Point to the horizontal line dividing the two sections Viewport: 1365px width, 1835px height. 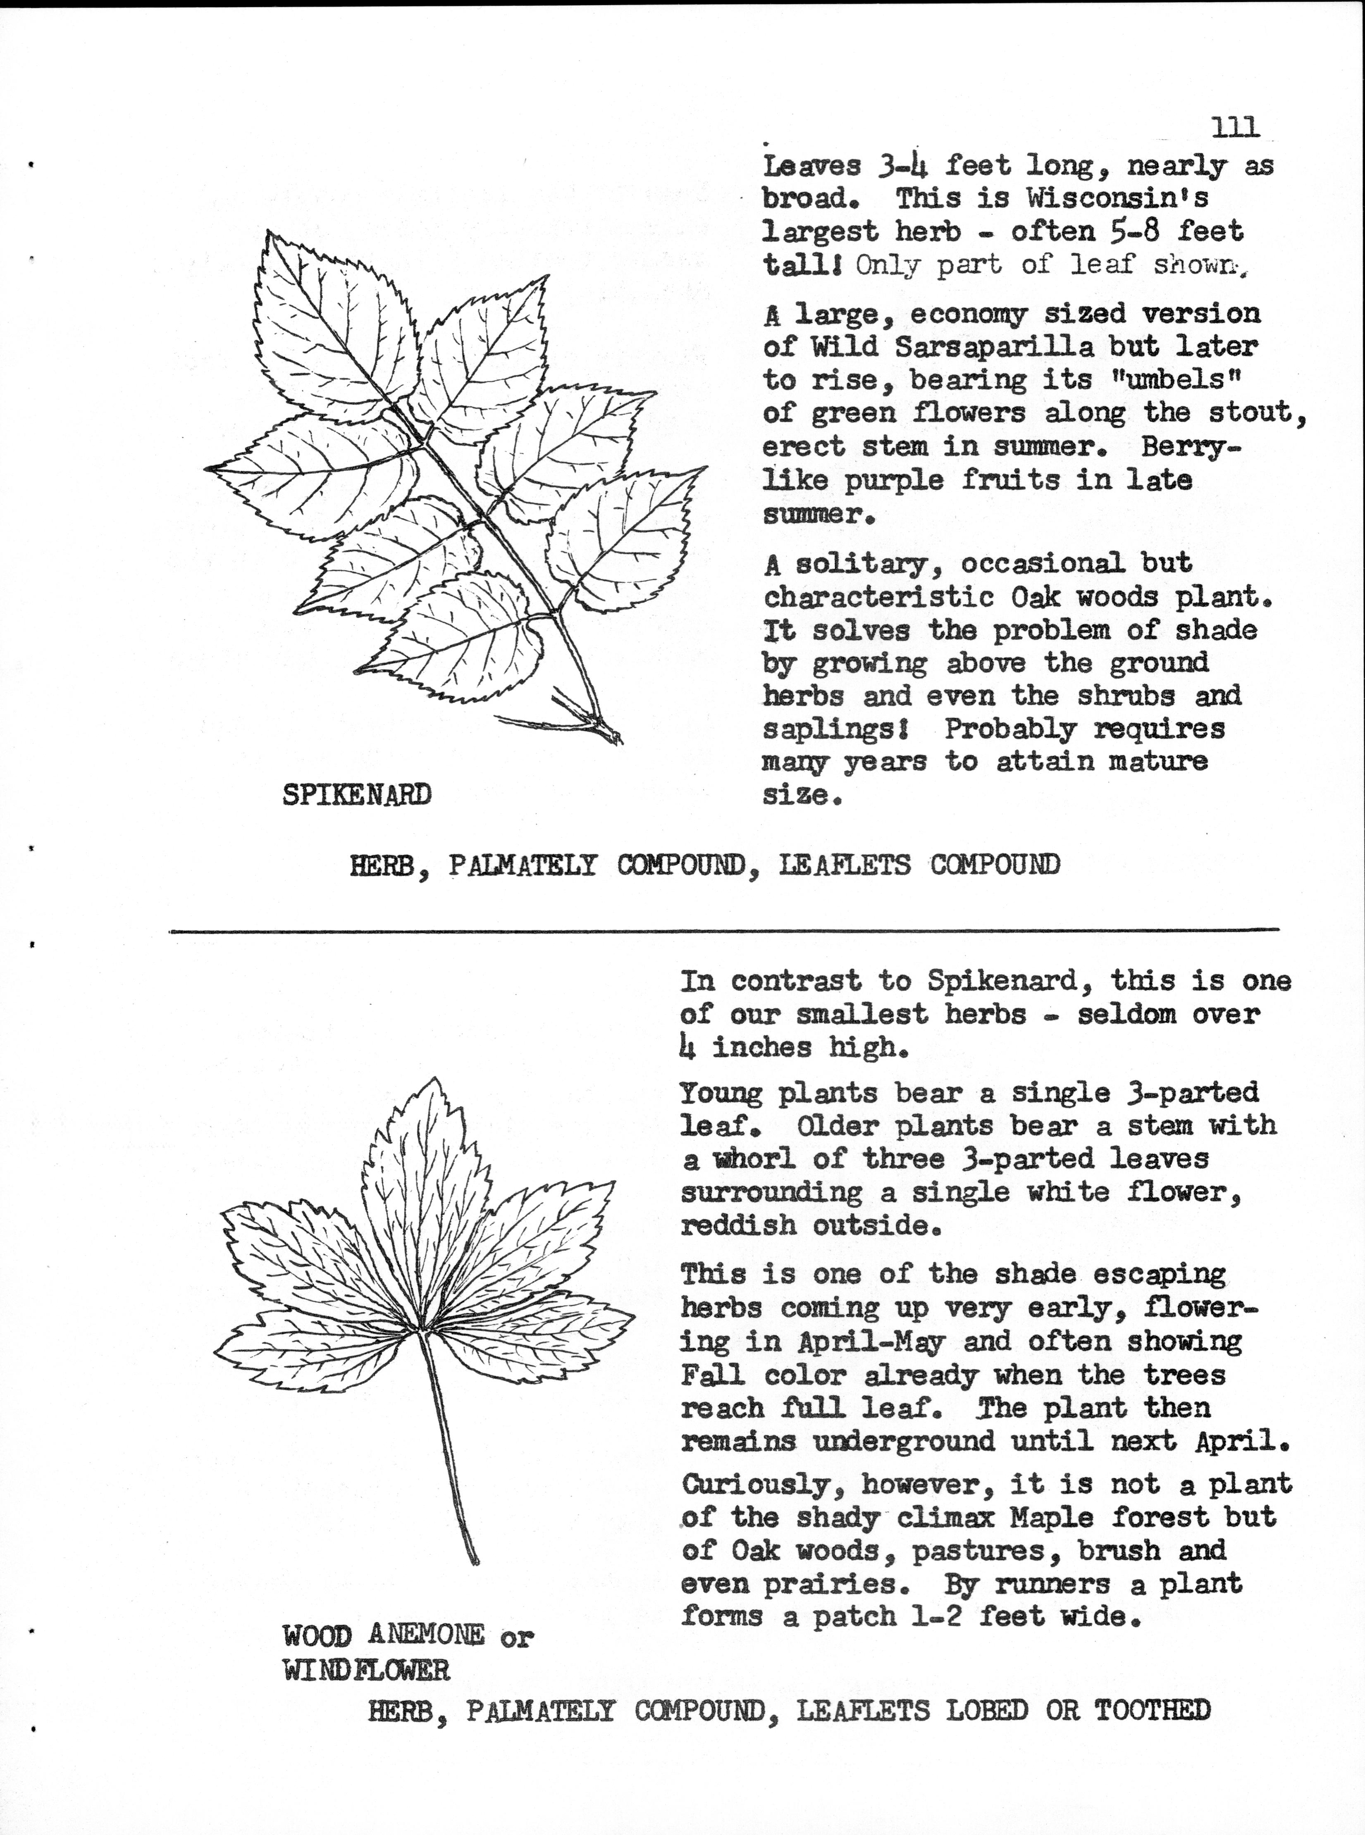[x=724, y=931]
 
